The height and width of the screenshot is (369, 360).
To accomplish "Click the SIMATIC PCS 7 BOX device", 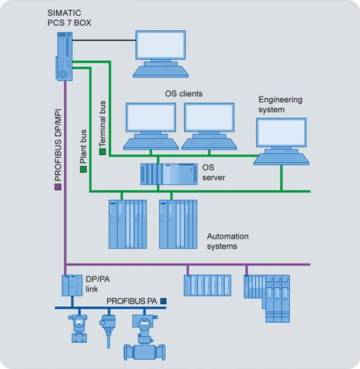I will tap(64, 56).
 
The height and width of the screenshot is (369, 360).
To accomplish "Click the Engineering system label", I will tap(280, 104).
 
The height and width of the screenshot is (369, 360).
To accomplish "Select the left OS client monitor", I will tap(150, 117).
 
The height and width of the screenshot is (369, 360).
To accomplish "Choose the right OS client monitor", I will tap(209, 117).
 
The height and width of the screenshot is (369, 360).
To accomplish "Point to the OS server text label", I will tap(213, 172).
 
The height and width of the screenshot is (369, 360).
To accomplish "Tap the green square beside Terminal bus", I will tap(102, 151).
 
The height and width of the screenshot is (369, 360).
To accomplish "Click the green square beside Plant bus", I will tap(83, 169).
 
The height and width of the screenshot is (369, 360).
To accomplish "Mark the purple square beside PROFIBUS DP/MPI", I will tap(57, 187).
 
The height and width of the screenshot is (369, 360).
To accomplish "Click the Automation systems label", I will tap(228, 241).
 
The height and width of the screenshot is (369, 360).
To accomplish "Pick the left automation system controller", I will tap(127, 224).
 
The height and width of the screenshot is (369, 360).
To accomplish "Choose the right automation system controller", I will tap(178, 224).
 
